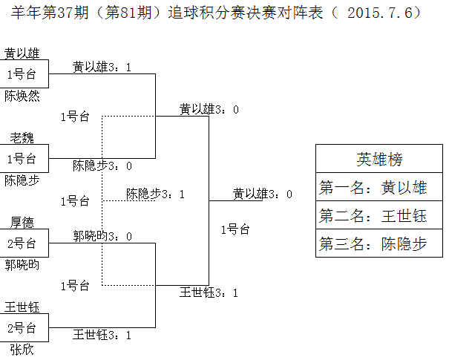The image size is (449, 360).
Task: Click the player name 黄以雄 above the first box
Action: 22,53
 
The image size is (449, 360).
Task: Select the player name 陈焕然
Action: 22,96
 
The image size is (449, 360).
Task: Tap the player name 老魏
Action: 22,138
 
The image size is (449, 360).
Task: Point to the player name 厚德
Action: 22,223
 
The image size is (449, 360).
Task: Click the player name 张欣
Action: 22,350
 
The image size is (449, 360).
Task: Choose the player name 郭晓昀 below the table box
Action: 22,265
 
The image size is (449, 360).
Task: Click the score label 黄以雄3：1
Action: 102,68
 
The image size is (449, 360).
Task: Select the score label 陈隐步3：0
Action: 102,166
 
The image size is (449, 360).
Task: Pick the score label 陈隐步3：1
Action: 156,194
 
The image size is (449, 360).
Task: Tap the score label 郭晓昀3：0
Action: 102,236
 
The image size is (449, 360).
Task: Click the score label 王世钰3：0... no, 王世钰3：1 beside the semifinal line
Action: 209,292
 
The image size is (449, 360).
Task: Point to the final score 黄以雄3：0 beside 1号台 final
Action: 263,194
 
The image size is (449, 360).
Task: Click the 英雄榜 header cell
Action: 379,159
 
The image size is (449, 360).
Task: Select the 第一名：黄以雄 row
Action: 379,187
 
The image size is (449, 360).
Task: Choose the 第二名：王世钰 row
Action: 379,215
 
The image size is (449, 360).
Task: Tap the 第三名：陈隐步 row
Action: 379,243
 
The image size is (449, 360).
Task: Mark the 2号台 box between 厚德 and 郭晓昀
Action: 24,243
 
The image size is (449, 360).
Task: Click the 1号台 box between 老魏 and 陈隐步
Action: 24,159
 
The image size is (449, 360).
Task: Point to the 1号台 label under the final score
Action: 235,229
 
